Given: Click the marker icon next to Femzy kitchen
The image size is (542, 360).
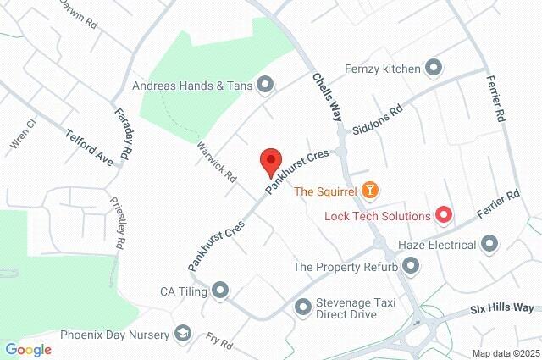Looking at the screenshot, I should click(x=434, y=66).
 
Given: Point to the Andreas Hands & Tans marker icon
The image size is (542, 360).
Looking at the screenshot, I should click(x=266, y=84).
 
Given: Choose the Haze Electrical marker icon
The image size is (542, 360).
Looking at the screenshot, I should click(x=489, y=245).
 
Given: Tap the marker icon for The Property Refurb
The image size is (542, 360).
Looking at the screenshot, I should click(x=412, y=267).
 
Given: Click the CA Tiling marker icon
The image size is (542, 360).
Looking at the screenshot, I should click(x=221, y=291).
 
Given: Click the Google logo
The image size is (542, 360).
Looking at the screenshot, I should click(x=28, y=349).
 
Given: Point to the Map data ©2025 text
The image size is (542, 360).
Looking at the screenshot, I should click(x=506, y=353).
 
